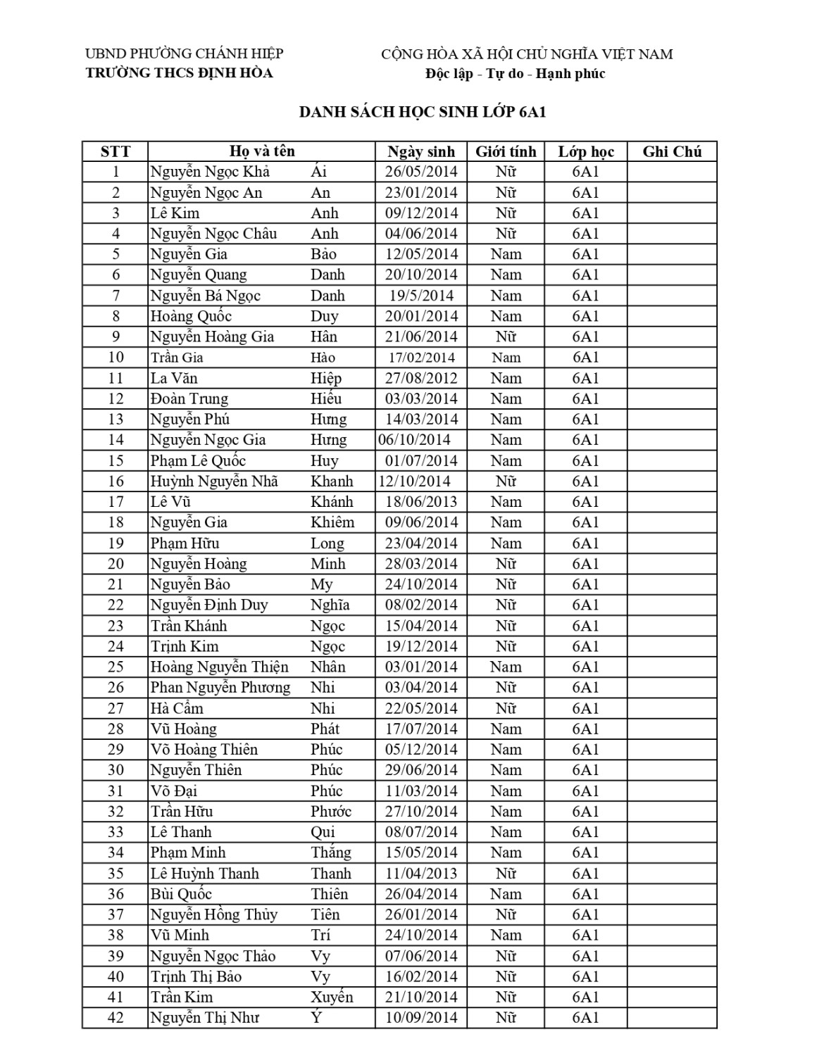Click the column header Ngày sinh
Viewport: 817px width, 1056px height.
tap(421, 151)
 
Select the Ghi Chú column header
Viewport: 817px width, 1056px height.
tap(672, 151)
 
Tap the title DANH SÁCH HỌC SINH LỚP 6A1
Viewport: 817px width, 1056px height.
tap(423, 112)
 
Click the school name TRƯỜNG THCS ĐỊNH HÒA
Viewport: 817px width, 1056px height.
tap(179, 73)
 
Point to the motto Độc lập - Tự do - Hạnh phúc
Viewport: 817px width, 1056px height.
tap(515, 74)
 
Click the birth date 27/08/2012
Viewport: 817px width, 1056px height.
tap(421, 378)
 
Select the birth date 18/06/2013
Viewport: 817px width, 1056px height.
tap(421, 502)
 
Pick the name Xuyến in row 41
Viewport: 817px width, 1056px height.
tap(332, 997)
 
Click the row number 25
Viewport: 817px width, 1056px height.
tap(116, 667)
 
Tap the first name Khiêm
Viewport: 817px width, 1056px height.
tap(332, 522)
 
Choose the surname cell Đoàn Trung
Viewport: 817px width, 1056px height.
tap(189, 398)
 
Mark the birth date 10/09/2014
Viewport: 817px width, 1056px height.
tap(421, 1017)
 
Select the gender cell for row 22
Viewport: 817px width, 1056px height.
tap(506, 605)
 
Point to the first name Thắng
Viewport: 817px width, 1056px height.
tap(331, 853)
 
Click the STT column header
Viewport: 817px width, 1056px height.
tap(116, 151)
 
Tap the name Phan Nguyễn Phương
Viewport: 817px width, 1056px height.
tap(220, 687)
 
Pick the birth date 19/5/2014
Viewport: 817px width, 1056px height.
tap(421, 296)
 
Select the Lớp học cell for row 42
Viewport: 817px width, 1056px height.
tap(585, 1017)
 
